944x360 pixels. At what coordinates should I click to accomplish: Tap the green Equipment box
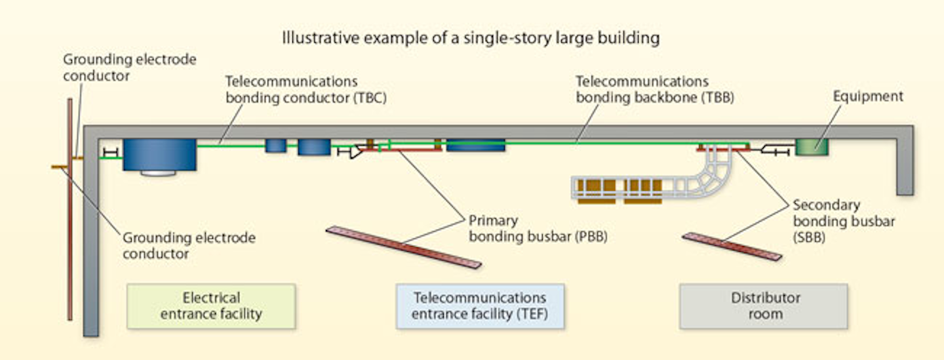[812, 146]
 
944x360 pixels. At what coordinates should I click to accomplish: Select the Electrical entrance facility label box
[211, 306]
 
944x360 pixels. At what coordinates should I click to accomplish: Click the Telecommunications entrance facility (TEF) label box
[480, 306]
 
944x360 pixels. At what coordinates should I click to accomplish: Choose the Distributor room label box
[764, 306]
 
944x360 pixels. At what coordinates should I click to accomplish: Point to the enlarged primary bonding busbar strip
[404, 247]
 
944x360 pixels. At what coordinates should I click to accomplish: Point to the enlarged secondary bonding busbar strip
[732, 247]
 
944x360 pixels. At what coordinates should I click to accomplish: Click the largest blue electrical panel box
[159, 155]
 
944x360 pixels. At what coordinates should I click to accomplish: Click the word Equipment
[868, 96]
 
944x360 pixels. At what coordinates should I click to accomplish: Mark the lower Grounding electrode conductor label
[189, 245]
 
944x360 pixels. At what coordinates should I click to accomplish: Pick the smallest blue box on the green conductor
[276, 146]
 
